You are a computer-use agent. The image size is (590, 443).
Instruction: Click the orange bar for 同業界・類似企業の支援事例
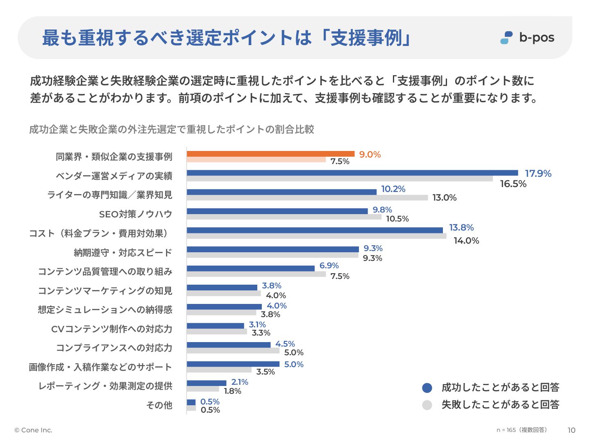click(270, 154)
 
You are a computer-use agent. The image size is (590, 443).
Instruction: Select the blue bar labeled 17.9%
click(352, 173)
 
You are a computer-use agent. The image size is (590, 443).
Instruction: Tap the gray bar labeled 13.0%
click(307, 198)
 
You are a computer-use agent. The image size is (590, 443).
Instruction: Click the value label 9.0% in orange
click(370, 155)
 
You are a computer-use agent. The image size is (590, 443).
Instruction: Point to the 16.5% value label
click(513, 184)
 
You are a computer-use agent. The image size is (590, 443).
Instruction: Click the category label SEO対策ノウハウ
click(136, 214)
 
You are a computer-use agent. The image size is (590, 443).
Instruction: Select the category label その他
click(159, 405)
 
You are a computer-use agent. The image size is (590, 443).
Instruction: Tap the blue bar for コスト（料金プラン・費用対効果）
click(315, 230)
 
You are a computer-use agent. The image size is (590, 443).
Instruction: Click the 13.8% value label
click(461, 228)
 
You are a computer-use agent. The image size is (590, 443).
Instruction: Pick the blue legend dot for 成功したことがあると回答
click(427, 388)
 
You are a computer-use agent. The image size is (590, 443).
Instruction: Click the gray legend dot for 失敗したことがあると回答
click(427, 405)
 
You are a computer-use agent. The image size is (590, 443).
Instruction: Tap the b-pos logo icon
click(506, 38)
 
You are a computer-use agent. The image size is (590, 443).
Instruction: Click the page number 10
click(571, 430)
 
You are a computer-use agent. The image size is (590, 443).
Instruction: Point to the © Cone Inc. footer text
click(34, 430)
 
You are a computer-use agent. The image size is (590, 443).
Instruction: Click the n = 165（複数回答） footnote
click(522, 430)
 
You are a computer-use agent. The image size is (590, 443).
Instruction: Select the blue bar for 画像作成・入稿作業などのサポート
click(233, 364)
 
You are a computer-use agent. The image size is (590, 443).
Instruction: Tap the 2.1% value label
click(240, 382)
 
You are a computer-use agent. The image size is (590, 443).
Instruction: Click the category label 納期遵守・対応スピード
click(123, 253)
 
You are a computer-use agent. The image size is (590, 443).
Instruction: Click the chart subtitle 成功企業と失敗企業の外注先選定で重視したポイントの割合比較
click(172, 130)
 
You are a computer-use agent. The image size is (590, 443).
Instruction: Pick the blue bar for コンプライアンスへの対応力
click(229, 345)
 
